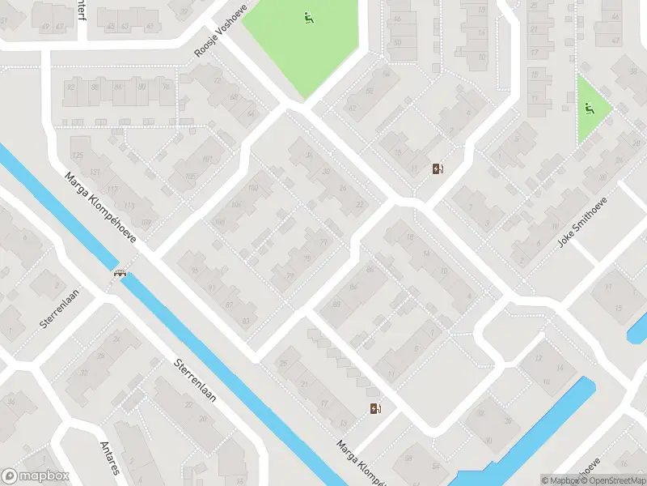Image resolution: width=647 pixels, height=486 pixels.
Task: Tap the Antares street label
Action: coord(109,458)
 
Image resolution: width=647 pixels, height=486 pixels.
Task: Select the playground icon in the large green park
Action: coord(308,17)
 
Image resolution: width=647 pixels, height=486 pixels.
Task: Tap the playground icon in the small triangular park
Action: coord(590,109)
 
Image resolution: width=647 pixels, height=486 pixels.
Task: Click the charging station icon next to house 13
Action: coord(374,409)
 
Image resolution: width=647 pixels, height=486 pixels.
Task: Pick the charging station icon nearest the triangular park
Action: coord(438,169)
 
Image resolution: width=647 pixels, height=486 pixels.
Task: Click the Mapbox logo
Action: coord(35,476)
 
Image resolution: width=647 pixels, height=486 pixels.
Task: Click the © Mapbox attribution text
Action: coord(560,480)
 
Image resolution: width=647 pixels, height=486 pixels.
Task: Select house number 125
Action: coord(78,155)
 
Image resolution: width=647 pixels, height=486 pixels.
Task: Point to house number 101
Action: coord(207,160)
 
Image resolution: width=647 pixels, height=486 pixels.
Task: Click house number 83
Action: coord(246,322)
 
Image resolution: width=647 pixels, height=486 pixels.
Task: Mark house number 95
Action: coord(193,271)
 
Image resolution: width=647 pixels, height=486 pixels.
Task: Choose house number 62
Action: coord(352,108)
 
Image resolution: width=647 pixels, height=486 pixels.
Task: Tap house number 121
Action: coord(95,173)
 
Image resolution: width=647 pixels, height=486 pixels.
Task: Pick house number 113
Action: coord(129,206)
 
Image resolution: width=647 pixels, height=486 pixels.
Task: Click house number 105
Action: coord(191,176)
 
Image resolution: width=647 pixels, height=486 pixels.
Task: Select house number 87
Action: coord(229,305)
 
